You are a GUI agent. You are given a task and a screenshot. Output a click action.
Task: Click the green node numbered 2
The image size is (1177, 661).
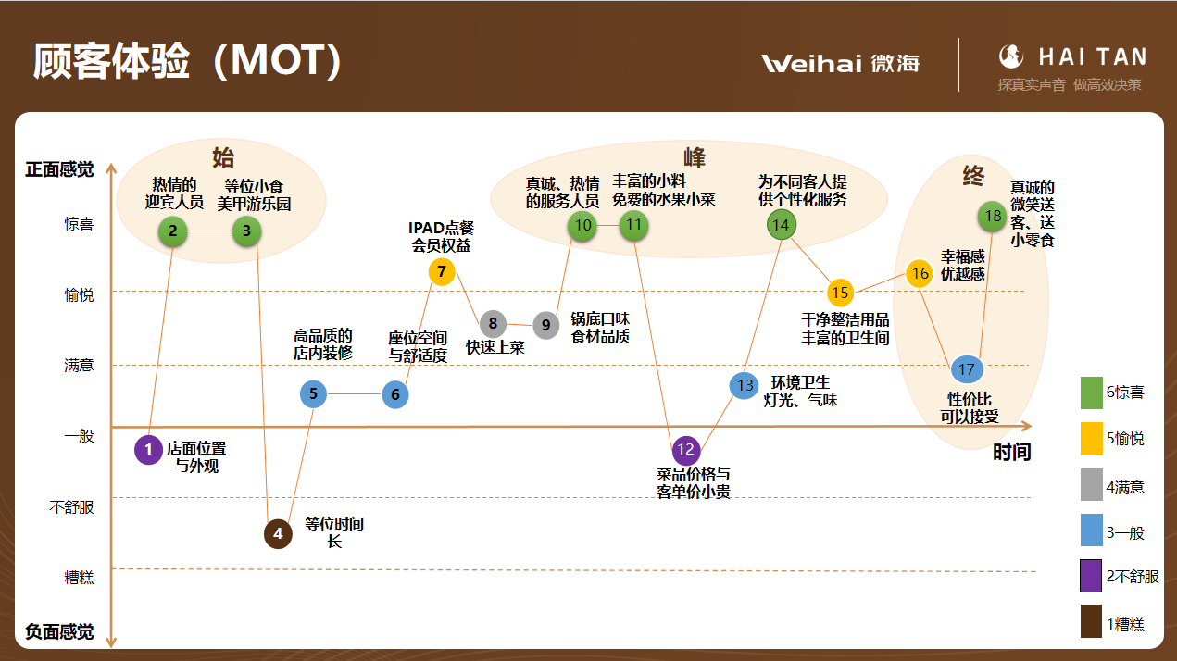click(x=173, y=231)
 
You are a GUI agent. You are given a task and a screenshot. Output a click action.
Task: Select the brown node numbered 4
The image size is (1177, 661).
click(x=278, y=533)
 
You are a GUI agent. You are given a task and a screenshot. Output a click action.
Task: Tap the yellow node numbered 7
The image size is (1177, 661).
click(x=442, y=271)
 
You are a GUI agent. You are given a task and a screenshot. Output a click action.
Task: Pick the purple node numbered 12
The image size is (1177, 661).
click(x=686, y=450)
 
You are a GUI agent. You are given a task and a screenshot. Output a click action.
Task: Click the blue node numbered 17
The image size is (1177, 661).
click(x=966, y=369)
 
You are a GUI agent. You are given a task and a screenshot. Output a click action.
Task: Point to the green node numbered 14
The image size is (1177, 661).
click(x=781, y=224)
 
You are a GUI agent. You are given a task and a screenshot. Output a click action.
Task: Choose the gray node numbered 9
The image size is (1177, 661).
click(x=545, y=325)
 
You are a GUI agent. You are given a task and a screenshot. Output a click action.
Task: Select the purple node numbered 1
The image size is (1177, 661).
click(x=148, y=450)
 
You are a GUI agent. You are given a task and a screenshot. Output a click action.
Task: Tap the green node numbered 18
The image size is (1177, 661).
click(x=993, y=216)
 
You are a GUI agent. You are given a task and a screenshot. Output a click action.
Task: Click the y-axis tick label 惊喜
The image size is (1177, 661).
click(x=79, y=224)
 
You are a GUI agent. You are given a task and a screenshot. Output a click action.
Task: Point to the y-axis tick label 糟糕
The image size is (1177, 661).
click(x=79, y=578)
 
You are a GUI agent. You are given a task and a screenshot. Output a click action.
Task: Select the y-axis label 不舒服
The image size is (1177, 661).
click(x=71, y=507)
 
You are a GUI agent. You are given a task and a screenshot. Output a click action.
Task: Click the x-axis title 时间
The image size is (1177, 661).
click(x=1011, y=453)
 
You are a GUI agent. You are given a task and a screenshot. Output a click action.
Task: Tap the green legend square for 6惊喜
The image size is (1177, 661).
click(x=1092, y=393)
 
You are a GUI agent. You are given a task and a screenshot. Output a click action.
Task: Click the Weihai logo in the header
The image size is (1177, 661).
click(x=840, y=63)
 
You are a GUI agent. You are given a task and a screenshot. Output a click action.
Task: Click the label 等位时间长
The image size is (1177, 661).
click(x=334, y=532)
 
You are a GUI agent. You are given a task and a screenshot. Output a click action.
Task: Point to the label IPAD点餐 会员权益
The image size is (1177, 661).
click(x=442, y=237)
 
